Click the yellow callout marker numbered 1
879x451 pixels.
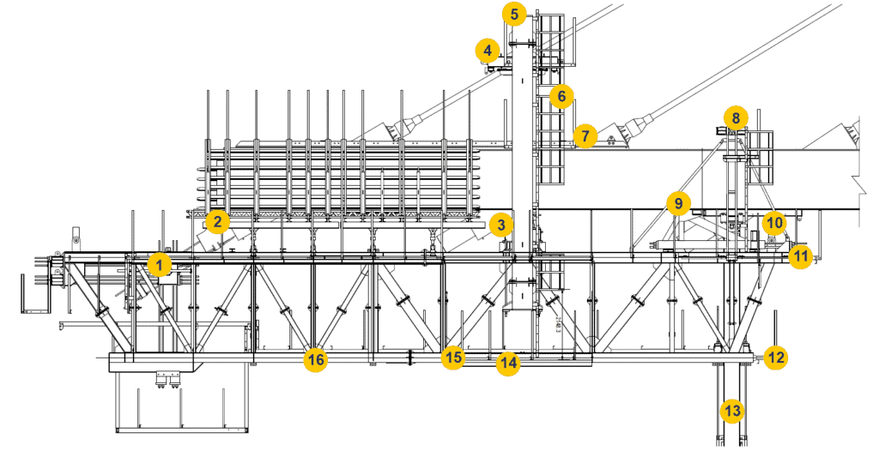158,265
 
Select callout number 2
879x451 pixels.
218,222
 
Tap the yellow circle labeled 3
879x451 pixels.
500,226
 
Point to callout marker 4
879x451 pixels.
488,51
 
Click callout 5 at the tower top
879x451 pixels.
513,14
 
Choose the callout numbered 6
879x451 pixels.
561,95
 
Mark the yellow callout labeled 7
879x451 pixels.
585,135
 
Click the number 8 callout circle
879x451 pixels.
735,117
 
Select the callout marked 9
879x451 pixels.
678,204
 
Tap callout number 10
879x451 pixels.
774,223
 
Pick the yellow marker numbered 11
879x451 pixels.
800,256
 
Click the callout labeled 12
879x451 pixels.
775,358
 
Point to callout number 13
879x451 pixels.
731,412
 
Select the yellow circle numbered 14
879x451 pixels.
509,363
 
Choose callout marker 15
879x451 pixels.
453,358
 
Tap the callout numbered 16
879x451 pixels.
316,360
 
